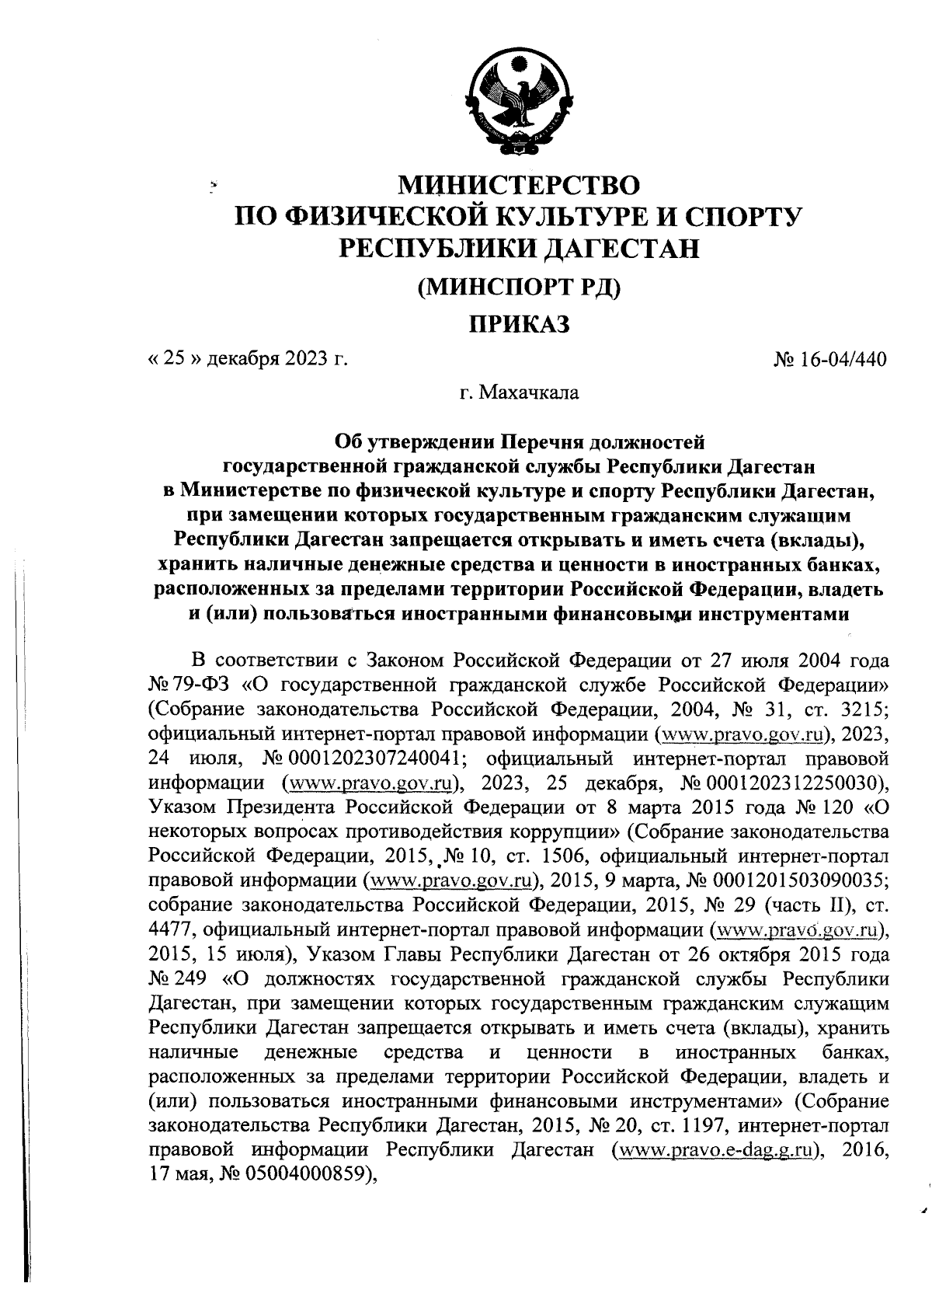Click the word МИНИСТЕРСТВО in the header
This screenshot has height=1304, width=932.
pyautogui.click(x=519, y=185)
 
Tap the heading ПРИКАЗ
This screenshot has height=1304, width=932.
pyautogui.click(x=519, y=323)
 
